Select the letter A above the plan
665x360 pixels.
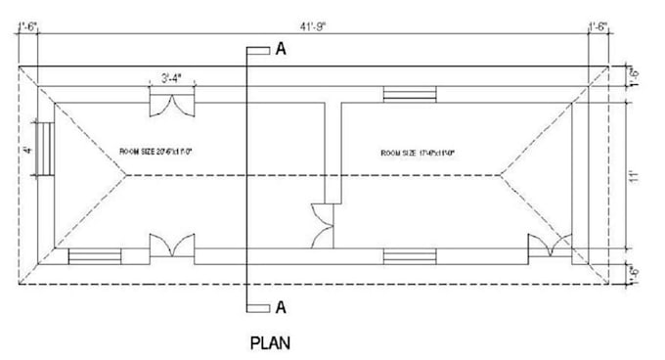(281, 49)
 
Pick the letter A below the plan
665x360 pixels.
(281, 307)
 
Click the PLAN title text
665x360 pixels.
(271, 343)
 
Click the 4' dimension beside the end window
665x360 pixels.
(30, 150)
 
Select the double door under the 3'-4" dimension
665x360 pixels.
(171, 104)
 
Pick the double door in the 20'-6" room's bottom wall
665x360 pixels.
(171, 246)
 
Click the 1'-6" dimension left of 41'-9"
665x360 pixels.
(26, 27)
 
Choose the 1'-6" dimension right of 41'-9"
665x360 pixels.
(598, 27)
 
